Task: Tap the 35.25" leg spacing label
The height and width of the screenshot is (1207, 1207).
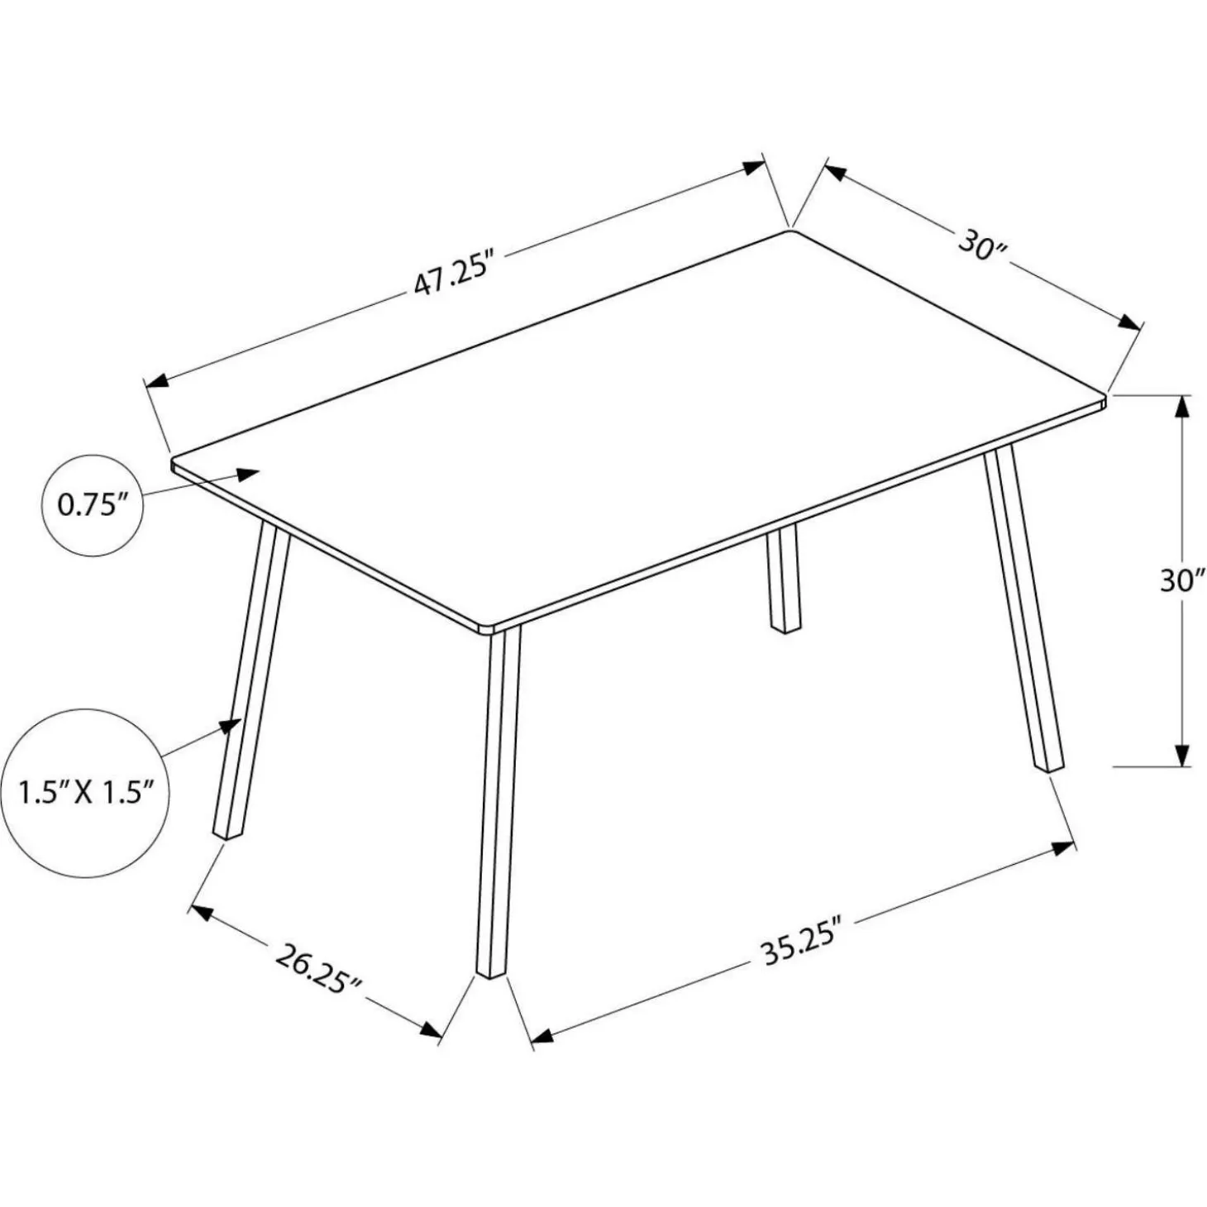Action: pos(800,952)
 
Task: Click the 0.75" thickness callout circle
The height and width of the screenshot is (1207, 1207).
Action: pos(92,505)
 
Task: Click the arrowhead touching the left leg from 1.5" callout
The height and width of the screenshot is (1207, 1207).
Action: pos(231,726)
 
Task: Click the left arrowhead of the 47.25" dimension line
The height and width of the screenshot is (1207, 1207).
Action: pos(156,381)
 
